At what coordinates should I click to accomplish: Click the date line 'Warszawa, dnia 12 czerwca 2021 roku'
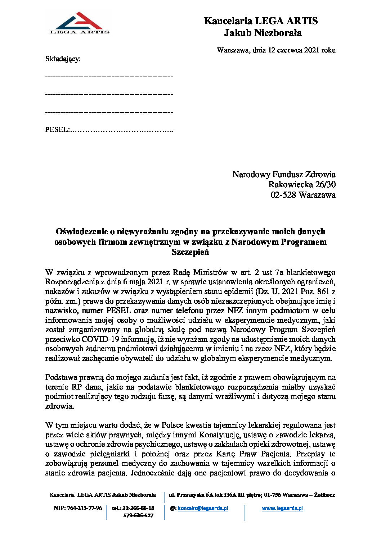click(276, 50)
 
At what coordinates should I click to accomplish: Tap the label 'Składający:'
click(63, 59)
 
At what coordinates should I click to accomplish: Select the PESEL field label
click(57, 130)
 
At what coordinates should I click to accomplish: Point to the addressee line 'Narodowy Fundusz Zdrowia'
click(284, 175)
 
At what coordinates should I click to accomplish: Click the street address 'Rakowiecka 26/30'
click(302, 185)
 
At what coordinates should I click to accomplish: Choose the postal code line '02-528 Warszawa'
click(303, 195)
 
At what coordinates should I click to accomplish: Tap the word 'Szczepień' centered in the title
click(190, 252)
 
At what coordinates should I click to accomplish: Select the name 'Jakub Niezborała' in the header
click(263, 33)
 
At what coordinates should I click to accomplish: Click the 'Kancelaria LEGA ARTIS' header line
click(261, 21)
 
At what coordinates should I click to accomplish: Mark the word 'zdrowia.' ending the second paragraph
click(60, 406)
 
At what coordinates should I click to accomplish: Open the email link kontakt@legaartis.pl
click(203, 508)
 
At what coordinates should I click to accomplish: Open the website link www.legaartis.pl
click(282, 508)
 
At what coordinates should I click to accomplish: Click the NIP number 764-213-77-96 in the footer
click(84, 508)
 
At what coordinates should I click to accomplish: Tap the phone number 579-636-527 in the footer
click(138, 515)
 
